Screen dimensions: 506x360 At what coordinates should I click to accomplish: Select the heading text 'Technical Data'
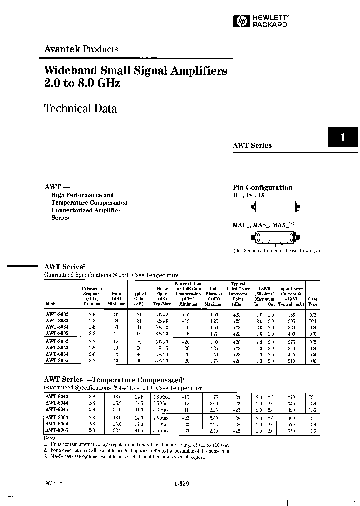click(x=80, y=108)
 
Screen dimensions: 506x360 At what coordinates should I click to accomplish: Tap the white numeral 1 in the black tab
click(x=343, y=137)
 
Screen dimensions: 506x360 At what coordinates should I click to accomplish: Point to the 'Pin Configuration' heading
click(x=262, y=187)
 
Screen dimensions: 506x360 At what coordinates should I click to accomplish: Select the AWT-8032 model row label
click(x=58, y=315)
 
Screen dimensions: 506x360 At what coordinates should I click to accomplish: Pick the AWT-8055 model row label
click(x=58, y=360)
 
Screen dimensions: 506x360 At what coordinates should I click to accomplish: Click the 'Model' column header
click(x=52, y=304)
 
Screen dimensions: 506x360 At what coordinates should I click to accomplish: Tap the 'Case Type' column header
click(x=313, y=301)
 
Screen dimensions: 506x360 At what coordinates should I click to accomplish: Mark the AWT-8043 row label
click(x=58, y=396)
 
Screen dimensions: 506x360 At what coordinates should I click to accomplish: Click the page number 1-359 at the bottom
click(x=182, y=483)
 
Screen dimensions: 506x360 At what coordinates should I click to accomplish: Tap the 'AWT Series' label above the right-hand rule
click(x=252, y=145)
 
